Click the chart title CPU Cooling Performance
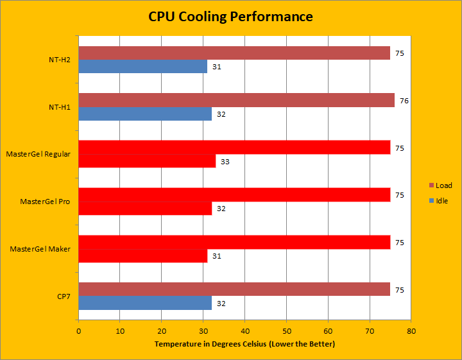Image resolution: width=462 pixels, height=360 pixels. (231, 16)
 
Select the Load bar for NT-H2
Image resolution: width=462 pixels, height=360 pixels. (234, 53)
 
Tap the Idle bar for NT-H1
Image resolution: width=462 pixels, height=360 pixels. (145, 114)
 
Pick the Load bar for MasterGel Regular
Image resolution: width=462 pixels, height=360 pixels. (234, 148)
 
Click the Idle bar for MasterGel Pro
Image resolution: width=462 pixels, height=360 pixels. (145, 209)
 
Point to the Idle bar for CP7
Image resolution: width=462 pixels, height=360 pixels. (145, 303)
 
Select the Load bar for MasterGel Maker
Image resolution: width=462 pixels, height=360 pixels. (234, 242)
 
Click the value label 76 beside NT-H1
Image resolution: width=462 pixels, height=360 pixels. (404, 101)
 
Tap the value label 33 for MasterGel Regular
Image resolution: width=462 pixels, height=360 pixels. (225, 162)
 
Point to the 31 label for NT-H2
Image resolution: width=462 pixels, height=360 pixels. (217, 67)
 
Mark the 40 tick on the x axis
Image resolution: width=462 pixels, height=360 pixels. (244, 331)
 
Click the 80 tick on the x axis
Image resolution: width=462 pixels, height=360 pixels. (411, 331)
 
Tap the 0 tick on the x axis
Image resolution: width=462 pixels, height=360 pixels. (79, 331)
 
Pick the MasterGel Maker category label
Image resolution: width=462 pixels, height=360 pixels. (40, 249)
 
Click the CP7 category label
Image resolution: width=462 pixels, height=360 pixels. (62, 296)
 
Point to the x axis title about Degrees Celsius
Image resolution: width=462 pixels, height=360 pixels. (244, 345)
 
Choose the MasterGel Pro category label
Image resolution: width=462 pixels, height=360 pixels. (45, 201)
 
